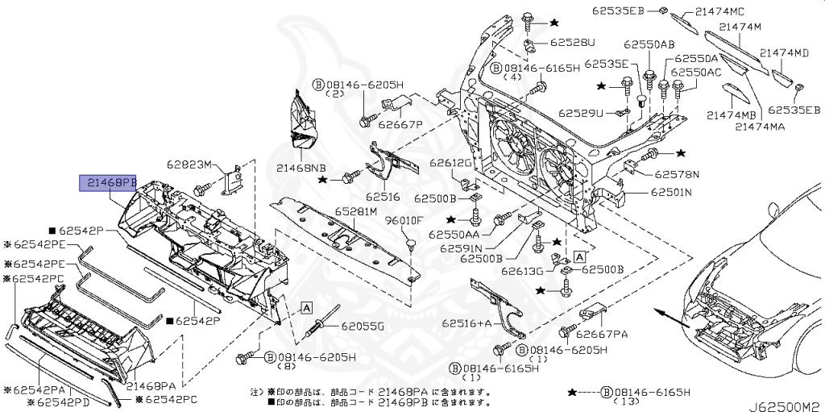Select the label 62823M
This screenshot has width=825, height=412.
[x=189, y=164]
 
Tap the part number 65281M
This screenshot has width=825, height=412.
[x=356, y=212]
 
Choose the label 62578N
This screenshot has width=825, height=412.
[x=677, y=173]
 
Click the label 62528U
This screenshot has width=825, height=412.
[x=573, y=42]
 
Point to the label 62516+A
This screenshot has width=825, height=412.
[x=466, y=323]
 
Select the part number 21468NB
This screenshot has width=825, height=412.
[x=301, y=168]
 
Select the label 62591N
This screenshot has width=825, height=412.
[x=462, y=248]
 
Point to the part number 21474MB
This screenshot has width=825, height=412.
[x=732, y=115]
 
